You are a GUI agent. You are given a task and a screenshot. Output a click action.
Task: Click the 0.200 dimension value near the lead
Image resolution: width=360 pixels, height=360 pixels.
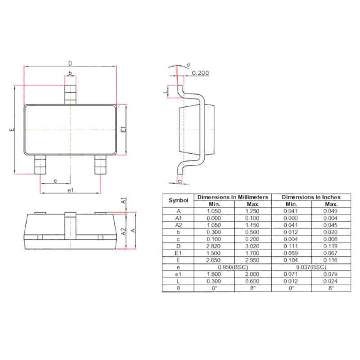click(x=200, y=73)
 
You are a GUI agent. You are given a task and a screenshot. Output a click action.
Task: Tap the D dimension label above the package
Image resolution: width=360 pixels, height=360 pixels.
click(x=70, y=63)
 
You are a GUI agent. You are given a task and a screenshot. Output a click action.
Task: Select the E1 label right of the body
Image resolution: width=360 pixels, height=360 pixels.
click(x=123, y=129)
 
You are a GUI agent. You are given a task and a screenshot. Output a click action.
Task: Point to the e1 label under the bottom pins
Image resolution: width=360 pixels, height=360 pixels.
click(x=70, y=190)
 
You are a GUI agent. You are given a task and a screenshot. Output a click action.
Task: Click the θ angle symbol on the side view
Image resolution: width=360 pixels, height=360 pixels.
click(x=188, y=65)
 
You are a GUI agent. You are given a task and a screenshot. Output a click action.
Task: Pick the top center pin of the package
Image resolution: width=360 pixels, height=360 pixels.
click(x=70, y=94)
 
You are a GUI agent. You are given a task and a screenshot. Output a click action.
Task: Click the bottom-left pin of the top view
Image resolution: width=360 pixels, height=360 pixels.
click(x=40, y=164)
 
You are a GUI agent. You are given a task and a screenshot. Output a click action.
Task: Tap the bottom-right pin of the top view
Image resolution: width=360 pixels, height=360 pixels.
click(x=100, y=164)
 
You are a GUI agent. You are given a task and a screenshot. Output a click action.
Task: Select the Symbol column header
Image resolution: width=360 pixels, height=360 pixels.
click(x=178, y=200)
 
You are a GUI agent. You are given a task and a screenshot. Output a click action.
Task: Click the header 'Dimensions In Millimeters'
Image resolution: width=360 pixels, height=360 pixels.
click(x=233, y=197)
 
